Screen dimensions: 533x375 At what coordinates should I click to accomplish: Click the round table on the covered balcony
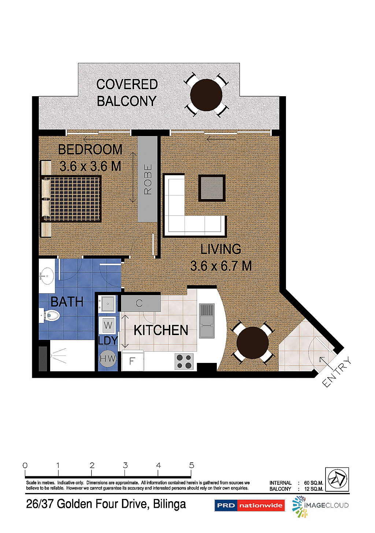point(206,95)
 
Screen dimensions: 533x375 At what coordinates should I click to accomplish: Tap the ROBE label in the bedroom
point(148,179)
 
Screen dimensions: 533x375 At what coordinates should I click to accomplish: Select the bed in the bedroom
point(71,199)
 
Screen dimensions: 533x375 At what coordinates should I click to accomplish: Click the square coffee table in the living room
point(211,188)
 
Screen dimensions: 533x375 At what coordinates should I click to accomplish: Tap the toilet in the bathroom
point(51,315)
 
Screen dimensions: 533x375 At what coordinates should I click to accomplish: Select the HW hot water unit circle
point(108,359)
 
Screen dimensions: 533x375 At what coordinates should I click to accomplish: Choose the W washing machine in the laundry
point(108,324)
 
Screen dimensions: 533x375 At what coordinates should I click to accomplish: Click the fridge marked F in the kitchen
point(132,361)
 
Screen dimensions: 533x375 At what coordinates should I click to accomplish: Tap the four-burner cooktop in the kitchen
point(184,361)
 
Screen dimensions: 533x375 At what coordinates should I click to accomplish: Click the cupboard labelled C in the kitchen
point(140,303)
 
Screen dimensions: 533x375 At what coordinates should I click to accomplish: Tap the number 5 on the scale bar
point(192,465)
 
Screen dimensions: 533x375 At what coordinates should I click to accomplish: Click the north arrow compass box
point(337,479)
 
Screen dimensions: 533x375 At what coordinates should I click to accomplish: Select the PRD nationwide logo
point(249,505)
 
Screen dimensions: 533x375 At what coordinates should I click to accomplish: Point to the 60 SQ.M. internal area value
point(313,483)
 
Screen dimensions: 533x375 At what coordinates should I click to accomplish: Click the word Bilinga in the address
point(169,504)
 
